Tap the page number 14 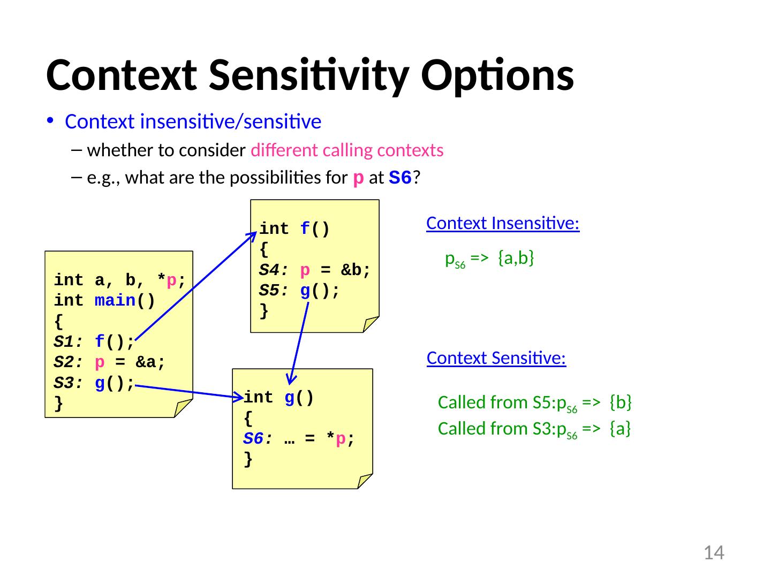click(713, 552)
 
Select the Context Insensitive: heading click(503, 223)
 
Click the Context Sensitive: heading click(496, 358)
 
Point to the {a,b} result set click(516, 258)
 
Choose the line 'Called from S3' click(534, 429)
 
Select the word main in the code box click(115, 301)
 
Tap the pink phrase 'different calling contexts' click(347, 151)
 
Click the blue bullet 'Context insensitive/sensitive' click(193, 123)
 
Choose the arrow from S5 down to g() click(299, 343)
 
